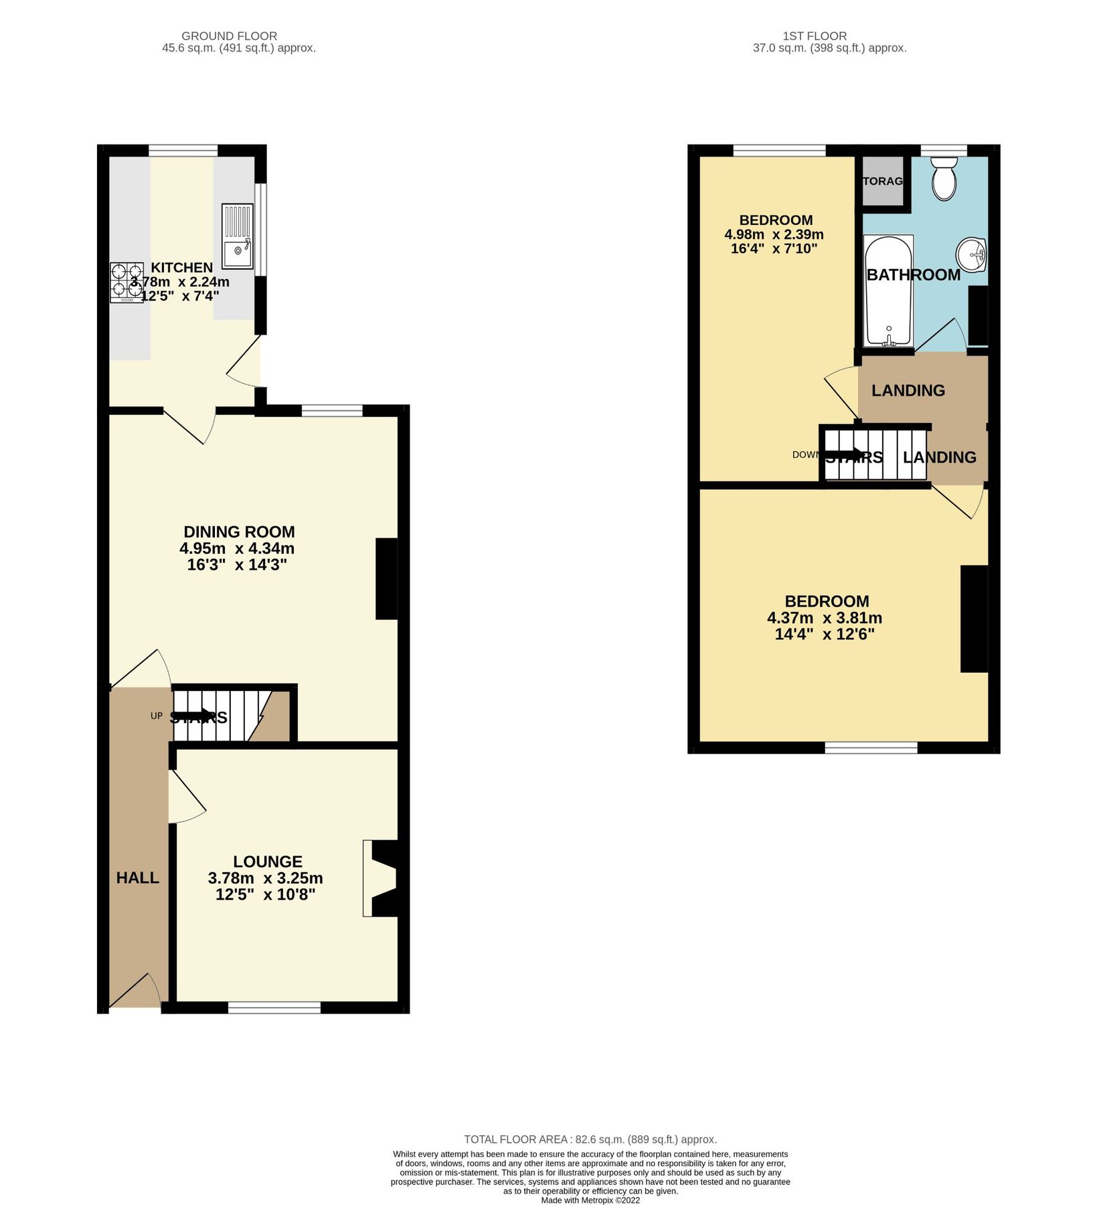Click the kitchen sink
click(238, 239)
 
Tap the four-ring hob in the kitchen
click(126, 281)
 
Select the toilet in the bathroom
click(944, 178)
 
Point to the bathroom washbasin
click(972, 255)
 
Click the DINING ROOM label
click(239, 532)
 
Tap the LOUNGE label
click(268, 862)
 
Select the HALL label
click(138, 878)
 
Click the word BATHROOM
click(913, 274)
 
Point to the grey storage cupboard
click(882, 181)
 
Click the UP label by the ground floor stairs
click(156, 716)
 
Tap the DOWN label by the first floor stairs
click(805, 455)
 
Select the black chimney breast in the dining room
click(386, 579)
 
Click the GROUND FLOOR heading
click(229, 36)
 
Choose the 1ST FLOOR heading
click(814, 36)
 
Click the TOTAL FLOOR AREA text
click(590, 1139)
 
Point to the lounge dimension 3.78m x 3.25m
click(265, 878)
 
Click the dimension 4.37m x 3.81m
click(824, 618)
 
